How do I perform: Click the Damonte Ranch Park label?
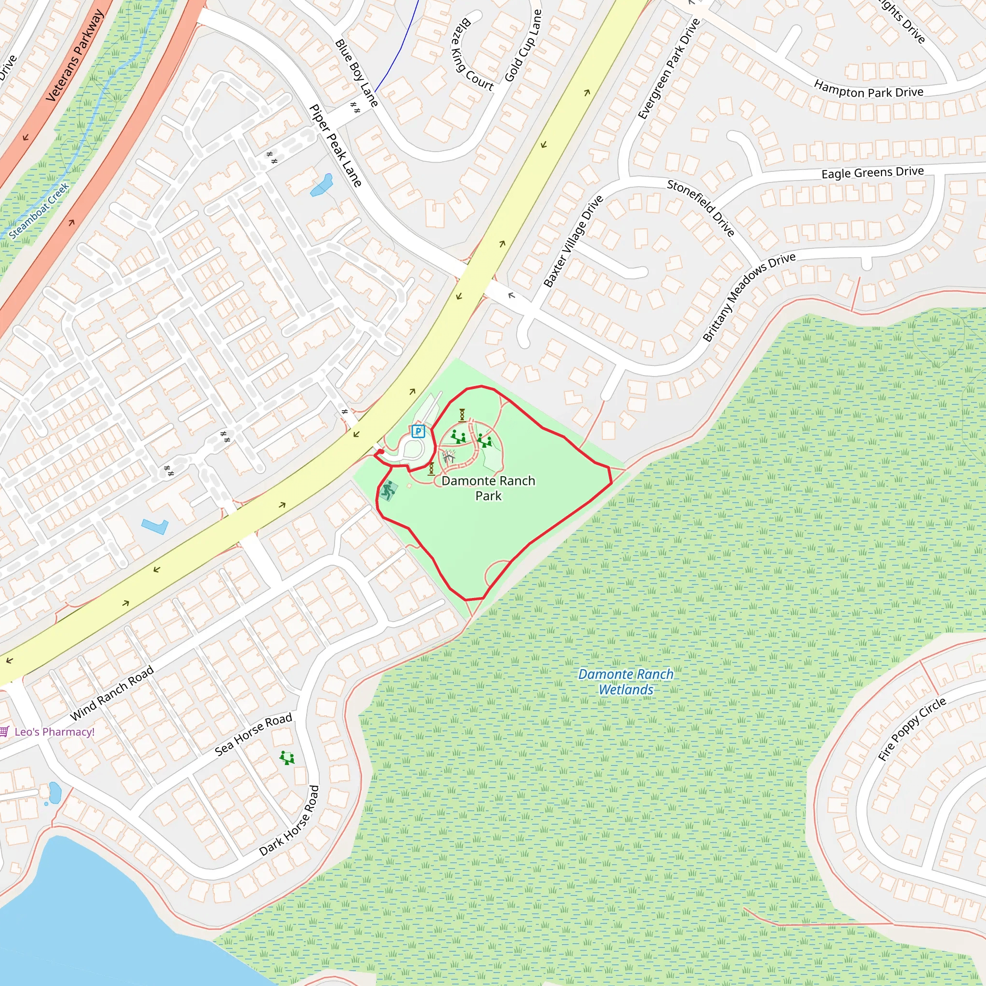488,488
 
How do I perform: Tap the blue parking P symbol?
418,432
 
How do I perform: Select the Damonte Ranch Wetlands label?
626,682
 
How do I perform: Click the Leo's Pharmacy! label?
54,732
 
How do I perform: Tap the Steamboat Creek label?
39,211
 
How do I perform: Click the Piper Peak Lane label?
335,145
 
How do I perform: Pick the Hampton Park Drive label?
868,90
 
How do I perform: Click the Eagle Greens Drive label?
872,172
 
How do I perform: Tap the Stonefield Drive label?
701,208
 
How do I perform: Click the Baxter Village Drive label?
573,241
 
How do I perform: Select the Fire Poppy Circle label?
912,729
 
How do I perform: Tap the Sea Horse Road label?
253,734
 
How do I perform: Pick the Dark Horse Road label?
289,821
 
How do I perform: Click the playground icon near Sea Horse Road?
287,758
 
